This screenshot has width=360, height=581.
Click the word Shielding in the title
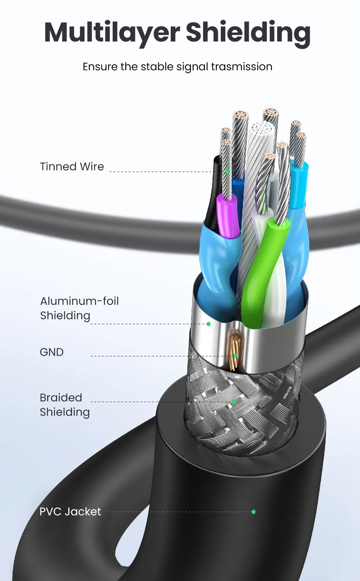click(x=248, y=33)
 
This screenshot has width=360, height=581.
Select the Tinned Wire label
click(x=72, y=167)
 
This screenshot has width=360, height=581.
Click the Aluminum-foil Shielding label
click(x=79, y=308)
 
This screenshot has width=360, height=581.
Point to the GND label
click(x=51, y=352)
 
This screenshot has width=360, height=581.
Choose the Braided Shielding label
click(x=65, y=405)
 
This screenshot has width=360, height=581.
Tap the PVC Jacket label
click(x=70, y=512)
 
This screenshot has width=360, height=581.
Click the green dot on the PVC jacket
click(x=254, y=512)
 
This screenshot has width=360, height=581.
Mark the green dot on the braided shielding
click(x=233, y=402)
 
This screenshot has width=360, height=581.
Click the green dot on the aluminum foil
click(x=209, y=324)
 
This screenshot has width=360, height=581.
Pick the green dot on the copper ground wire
click(x=235, y=356)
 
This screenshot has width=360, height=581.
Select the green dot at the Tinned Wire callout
click(x=227, y=171)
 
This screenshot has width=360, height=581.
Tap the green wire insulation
click(x=263, y=263)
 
